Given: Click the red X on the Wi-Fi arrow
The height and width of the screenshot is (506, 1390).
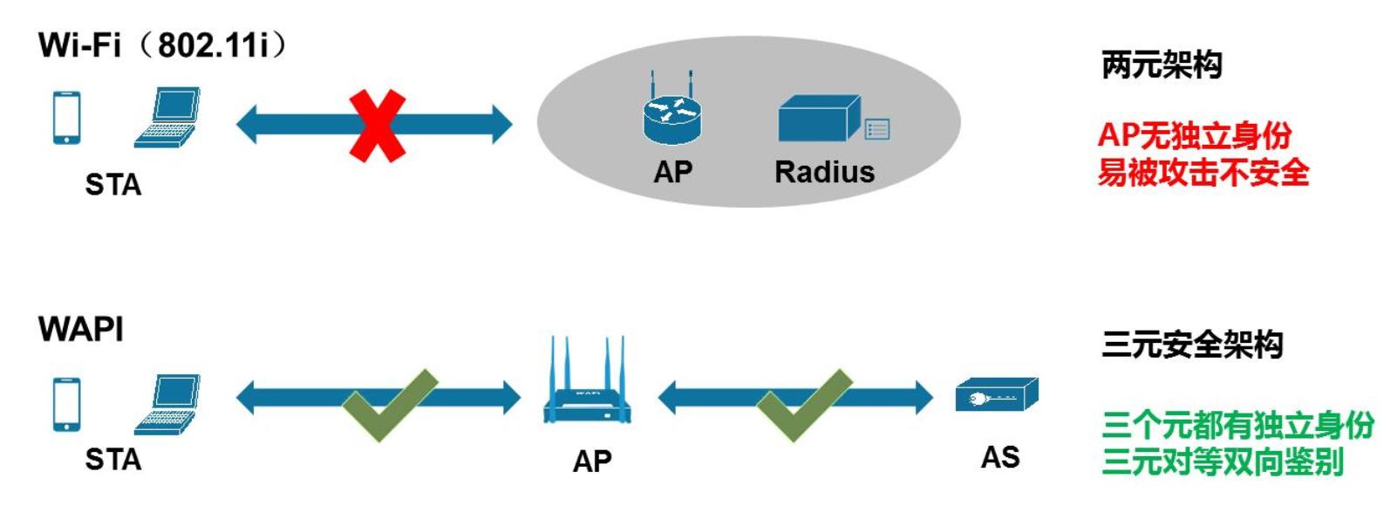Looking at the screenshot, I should coord(377,126).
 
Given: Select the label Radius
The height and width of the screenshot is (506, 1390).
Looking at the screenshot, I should coord(824,172).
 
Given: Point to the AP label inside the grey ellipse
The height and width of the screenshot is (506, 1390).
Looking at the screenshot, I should coord(672,172).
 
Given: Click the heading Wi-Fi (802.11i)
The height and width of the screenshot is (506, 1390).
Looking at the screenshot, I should coord(162,44).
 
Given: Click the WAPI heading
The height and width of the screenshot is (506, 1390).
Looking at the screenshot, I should coord(81,329).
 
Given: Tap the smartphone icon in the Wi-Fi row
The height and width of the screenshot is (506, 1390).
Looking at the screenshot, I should coord(66,117).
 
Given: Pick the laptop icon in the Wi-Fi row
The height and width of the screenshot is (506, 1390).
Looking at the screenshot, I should coord(167,117).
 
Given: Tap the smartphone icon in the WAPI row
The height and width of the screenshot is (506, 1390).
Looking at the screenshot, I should coord(66,403).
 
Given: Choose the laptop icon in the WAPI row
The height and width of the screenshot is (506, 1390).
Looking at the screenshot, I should coord(167,404).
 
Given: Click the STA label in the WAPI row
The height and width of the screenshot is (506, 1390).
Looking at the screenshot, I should coord(112,460).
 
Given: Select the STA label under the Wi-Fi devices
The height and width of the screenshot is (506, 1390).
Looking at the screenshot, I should coord(112,185).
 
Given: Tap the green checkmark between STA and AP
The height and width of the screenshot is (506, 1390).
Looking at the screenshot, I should coord(387,405).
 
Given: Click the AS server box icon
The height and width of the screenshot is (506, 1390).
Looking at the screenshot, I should coord(997,395).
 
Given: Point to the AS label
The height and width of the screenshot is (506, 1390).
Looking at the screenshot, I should coord(1000,457).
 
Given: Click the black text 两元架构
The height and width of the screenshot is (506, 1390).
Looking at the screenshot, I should coord(1162,65).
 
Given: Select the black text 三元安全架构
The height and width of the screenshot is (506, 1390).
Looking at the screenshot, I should coord(1192,345).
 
